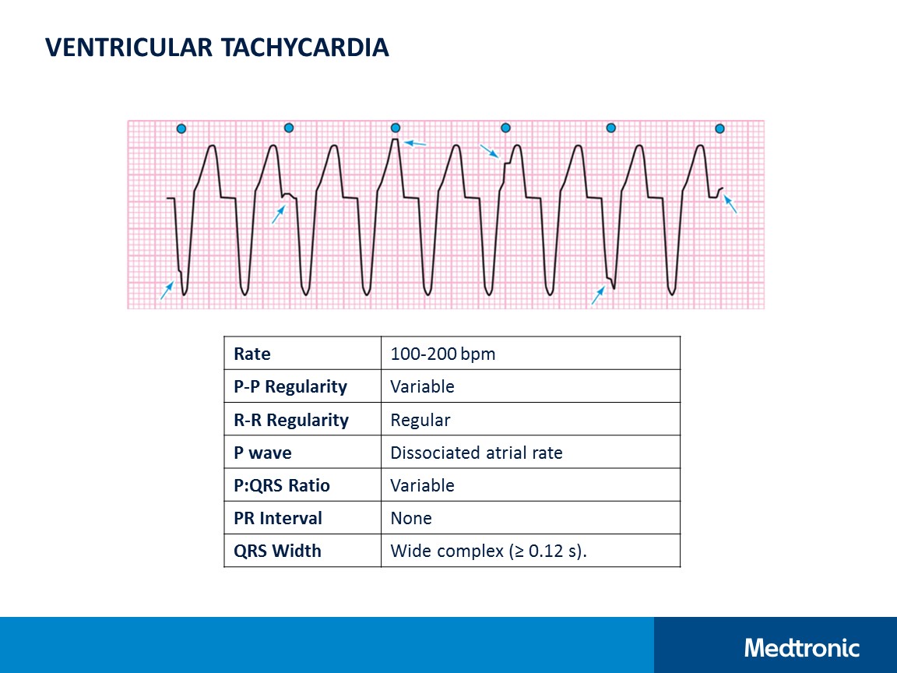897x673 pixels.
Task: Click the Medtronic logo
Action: (x=801, y=647)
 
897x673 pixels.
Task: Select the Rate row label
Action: (x=252, y=354)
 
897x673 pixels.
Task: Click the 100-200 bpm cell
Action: (x=442, y=354)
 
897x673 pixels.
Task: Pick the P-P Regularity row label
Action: (x=290, y=386)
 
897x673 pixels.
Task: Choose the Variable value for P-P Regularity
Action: (x=422, y=386)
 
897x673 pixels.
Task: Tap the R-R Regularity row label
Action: (x=291, y=420)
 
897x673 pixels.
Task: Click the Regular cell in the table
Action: (x=420, y=420)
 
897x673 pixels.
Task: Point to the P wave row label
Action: (x=262, y=453)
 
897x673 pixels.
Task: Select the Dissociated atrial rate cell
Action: (x=476, y=453)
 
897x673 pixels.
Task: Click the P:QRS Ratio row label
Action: (x=282, y=485)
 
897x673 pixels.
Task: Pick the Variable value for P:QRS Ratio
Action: (x=422, y=485)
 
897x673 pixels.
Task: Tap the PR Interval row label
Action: (x=278, y=518)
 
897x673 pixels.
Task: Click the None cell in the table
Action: (x=410, y=518)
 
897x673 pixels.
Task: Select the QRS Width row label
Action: (x=277, y=551)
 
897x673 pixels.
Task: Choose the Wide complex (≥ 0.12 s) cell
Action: (x=488, y=551)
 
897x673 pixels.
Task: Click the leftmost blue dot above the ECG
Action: (x=181, y=129)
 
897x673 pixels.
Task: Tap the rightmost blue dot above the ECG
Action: (x=719, y=129)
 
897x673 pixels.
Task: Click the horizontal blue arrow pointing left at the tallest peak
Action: (x=415, y=144)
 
